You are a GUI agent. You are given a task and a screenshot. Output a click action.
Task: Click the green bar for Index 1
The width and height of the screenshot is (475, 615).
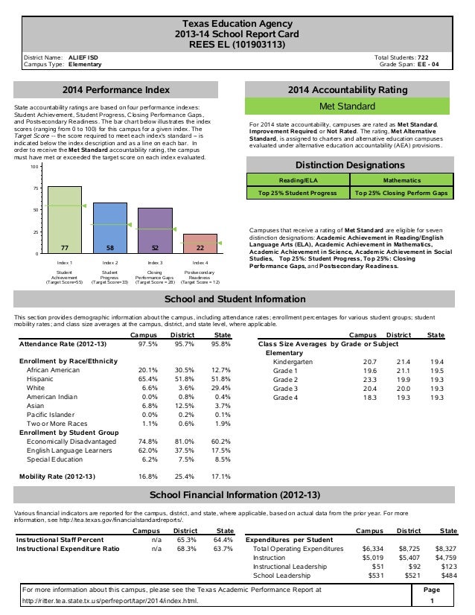65,220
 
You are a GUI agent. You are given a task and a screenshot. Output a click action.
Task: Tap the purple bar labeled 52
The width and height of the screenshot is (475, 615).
155,230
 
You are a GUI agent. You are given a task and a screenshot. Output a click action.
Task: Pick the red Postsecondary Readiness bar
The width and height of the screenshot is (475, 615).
200,243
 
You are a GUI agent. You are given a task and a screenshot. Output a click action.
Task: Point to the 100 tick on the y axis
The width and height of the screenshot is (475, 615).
33,167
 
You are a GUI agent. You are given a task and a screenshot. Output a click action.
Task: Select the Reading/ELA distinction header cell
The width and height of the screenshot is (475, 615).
296,180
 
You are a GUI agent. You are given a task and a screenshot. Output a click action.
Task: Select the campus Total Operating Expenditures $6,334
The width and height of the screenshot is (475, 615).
362,548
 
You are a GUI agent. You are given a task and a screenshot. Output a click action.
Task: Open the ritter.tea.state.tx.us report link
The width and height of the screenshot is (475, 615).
111,600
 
